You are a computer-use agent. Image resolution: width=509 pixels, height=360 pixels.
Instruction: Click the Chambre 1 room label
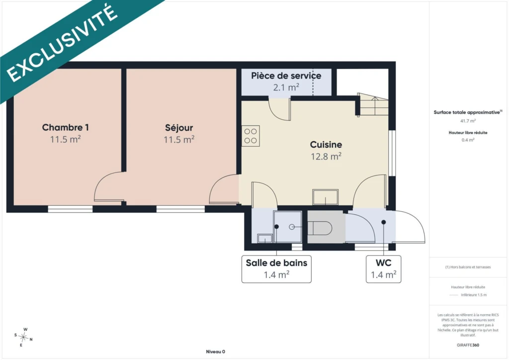[x=65, y=127]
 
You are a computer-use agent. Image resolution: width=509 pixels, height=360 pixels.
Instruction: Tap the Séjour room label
[x=179, y=128]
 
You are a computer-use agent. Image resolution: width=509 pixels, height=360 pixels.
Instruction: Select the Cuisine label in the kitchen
[x=326, y=145]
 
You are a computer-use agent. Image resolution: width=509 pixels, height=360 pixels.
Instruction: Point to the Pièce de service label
[x=286, y=76]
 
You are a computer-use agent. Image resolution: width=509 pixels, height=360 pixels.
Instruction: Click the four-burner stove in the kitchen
[x=251, y=136]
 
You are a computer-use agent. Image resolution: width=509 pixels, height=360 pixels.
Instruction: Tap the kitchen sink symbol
[x=325, y=197]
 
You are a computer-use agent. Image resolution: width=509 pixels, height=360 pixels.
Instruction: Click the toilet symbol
[x=320, y=228]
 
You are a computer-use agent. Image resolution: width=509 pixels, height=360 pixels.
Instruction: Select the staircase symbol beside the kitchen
[x=373, y=104]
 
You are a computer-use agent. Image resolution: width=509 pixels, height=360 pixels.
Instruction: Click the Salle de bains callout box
[x=276, y=269]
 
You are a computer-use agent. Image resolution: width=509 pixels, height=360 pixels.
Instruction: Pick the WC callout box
[x=383, y=269]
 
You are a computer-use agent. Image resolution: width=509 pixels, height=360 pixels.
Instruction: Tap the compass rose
[x=23, y=338]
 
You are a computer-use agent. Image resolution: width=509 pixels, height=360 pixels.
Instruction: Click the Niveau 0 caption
[x=216, y=352]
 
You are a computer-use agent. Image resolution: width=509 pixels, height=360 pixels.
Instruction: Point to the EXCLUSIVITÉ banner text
[x=62, y=44]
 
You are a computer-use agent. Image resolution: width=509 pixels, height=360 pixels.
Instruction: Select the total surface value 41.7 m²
[x=468, y=121]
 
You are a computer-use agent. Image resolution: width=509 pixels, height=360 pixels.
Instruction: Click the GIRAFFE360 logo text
[x=468, y=345]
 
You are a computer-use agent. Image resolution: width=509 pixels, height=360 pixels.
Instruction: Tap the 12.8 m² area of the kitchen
[x=326, y=157]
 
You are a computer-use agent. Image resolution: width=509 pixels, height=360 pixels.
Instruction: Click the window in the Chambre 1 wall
[x=71, y=209]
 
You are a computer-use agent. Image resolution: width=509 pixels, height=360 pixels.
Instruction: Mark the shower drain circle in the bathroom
[x=292, y=227]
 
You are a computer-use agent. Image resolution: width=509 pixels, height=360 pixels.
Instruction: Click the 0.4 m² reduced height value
[x=468, y=140]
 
